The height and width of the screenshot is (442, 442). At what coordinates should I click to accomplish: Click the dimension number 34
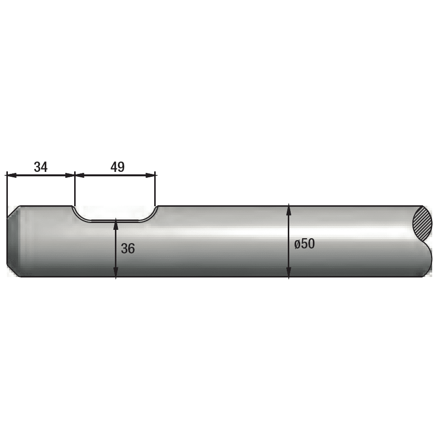tap(41, 167)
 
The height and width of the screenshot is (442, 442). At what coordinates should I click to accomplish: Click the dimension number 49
tap(117, 167)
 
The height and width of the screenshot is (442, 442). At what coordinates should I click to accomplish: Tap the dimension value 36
tap(128, 249)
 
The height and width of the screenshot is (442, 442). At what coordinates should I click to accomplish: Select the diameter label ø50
tap(304, 244)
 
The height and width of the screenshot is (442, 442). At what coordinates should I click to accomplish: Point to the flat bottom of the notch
tap(115, 221)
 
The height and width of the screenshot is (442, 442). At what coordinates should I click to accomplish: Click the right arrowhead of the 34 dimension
tap(70, 175)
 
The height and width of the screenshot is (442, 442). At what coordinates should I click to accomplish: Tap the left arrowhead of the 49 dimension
tap(80, 175)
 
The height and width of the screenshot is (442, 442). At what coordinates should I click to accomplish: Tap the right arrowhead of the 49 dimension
tap(150, 175)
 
